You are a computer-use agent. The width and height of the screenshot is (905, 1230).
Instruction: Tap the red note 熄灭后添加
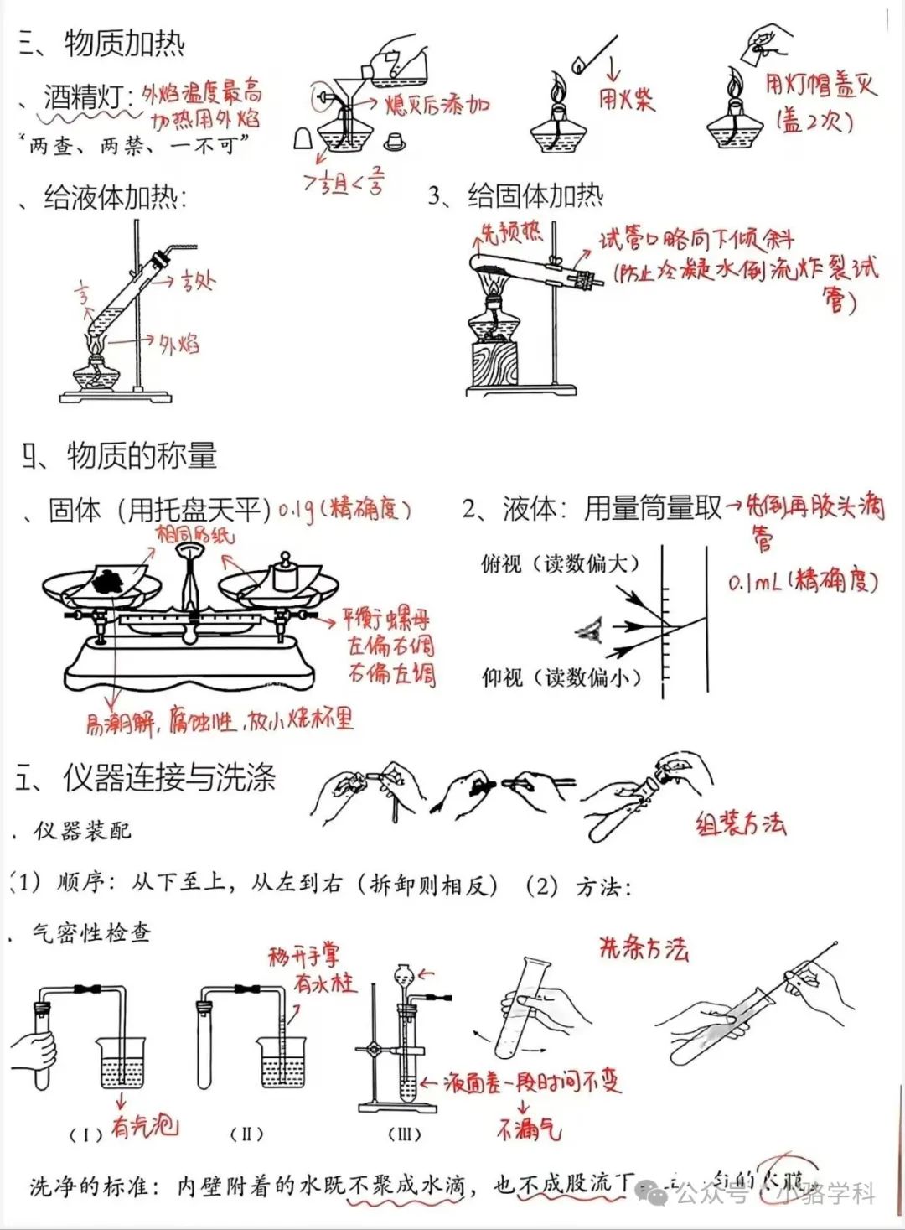click(x=436, y=105)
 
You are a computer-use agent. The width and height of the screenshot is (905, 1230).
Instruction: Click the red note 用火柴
click(x=626, y=100)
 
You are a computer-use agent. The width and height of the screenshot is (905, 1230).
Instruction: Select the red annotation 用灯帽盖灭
click(x=820, y=85)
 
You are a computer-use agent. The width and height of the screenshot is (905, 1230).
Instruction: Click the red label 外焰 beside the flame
click(x=178, y=343)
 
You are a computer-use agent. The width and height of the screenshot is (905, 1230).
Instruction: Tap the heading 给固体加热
click(x=535, y=196)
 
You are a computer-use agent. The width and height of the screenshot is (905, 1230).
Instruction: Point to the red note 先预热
click(x=510, y=232)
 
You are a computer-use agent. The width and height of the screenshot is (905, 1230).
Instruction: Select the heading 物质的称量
click(x=141, y=455)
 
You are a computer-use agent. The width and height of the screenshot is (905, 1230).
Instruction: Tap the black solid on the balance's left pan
click(x=111, y=579)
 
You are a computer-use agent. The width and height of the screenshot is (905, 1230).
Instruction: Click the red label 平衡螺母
click(x=385, y=620)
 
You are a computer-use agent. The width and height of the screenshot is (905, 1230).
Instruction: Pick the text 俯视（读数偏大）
click(x=560, y=564)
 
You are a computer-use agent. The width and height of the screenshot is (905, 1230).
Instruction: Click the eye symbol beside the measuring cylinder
click(x=591, y=628)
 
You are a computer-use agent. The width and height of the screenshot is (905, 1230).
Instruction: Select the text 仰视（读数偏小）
click(x=561, y=677)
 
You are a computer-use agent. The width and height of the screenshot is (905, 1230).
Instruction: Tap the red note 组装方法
click(x=740, y=823)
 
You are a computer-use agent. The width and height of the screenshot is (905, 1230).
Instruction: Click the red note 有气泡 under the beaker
click(x=144, y=1125)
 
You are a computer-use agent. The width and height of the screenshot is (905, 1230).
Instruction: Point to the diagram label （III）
click(x=404, y=1134)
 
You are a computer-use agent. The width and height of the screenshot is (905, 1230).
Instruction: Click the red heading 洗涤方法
click(x=643, y=947)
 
